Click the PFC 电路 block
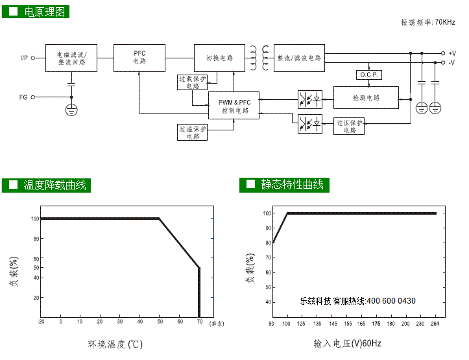(139, 58)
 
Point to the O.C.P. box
(368, 75)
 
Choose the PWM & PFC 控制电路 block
(234, 106)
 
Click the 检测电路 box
(367, 98)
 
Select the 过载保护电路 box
(193, 82)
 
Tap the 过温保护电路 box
(193, 132)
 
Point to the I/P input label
(24, 58)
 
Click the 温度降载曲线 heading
(55, 185)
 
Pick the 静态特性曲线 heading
(292, 185)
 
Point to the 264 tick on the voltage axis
(435, 323)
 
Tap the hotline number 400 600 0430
(391, 301)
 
